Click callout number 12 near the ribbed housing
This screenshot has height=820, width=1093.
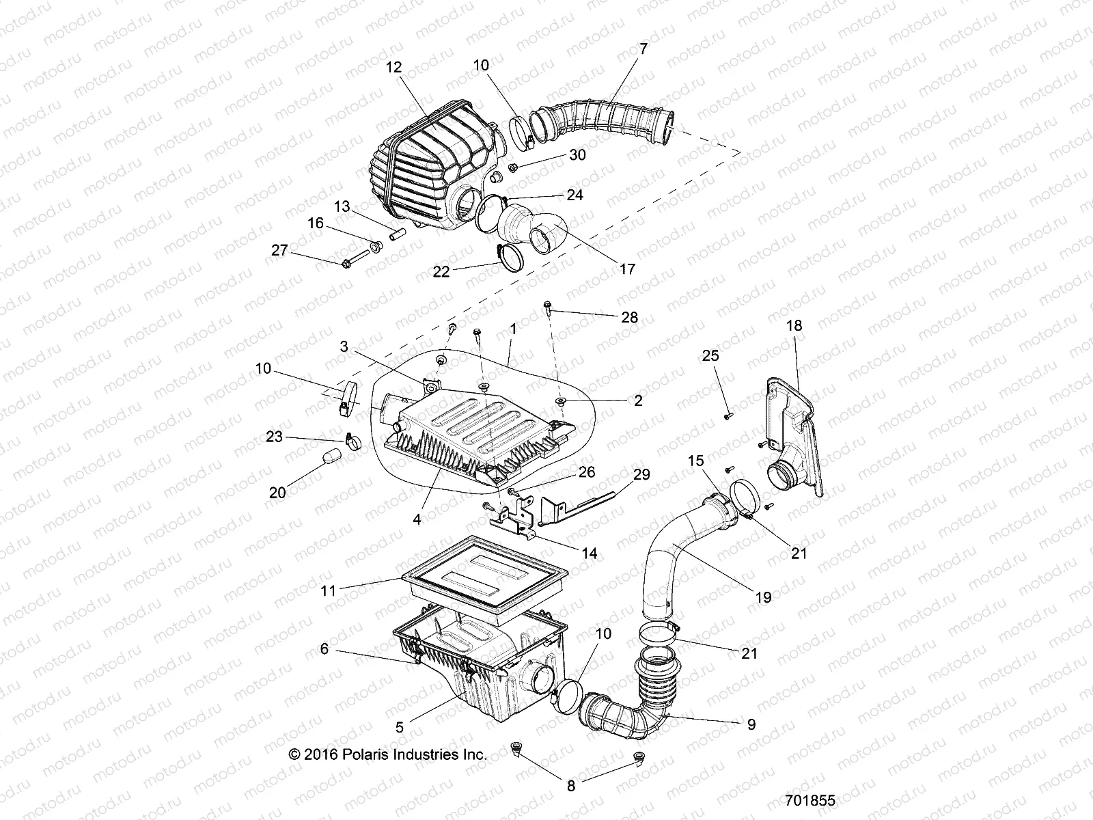click(394, 67)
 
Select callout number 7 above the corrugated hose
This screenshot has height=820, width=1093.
click(643, 49)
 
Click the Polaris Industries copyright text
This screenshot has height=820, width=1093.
click(387, 754)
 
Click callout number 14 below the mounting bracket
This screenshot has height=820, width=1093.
click(589, 553)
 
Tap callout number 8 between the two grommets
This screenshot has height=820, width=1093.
click(571, 786)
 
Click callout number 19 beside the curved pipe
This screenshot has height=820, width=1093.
click(763, 597)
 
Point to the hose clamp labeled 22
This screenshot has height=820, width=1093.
click(511, 258)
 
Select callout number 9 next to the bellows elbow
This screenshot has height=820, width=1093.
click(751, 724)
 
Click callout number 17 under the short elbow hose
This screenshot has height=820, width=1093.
click(626, 269)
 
